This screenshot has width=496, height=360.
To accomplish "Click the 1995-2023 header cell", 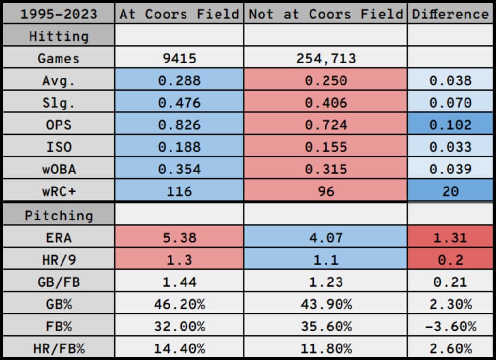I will (58, 14).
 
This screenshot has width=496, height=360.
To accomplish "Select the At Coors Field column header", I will (179, 14).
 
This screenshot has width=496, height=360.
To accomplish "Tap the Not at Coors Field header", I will (325, 14).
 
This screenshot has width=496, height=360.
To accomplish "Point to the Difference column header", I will (450, 14).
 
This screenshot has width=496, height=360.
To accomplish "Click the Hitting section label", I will (58, 36).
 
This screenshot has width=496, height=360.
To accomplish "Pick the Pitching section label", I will (58, 215).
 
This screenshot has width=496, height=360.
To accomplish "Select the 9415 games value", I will (179, 59).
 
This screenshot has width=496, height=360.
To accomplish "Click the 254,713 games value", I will (325, 59).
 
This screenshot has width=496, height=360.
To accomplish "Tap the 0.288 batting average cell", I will (179, 80).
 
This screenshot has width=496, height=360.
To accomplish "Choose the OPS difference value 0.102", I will (450, 125).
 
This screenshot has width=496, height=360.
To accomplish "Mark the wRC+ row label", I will (58, 191).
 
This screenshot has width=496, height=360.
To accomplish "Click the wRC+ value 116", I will (179, 191).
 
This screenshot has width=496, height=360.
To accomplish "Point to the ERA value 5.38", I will (179, 238).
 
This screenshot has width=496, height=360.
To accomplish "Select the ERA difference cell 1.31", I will (450, 238).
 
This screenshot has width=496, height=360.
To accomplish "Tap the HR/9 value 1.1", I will (325, 260).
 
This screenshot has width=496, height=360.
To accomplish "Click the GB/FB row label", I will (58, 282).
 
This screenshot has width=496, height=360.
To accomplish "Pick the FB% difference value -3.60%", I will (450, 326).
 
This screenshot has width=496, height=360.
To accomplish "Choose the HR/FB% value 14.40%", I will (179, 348).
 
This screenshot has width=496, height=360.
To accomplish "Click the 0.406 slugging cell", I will (325, 103).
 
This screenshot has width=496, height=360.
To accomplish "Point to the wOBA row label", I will (58, 169).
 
